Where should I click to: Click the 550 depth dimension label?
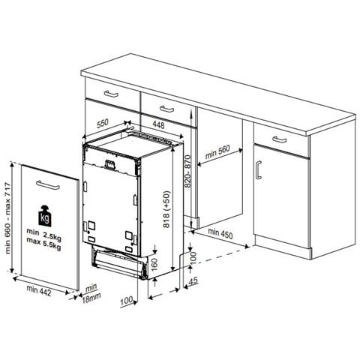click(x=103, y=124)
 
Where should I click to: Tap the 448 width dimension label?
click(x=158, y=124)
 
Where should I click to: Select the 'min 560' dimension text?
click(x=217, y=152)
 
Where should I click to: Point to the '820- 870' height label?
click(x=187, y=171)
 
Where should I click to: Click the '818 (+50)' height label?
click(x=166, y=209)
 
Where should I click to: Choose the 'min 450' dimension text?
click(x=220, y=233)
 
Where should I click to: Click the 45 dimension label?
click(x=193, y=281)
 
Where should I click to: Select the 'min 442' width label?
click(x=39, y=291)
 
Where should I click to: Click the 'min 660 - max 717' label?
click(x=8, y=218)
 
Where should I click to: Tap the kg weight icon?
click(x=45, y=216)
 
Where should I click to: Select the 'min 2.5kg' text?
click(x=44, y=235)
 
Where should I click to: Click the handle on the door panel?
click(x=48, y=185)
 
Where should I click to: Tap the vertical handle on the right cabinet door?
click(x=259, y=170)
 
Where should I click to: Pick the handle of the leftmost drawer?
click(x=111, y=94)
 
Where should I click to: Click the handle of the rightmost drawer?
click(x=280, y=139)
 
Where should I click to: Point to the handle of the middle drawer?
click(x=166, y=109)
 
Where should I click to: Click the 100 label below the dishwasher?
click(x=127, y=300)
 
